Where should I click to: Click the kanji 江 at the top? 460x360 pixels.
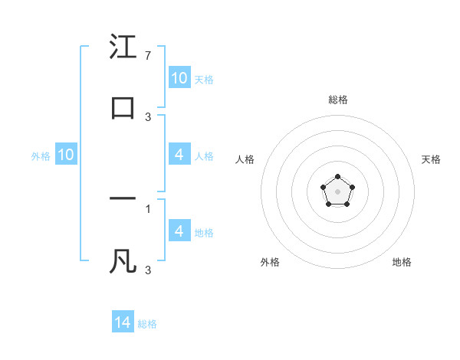tap(123, 47)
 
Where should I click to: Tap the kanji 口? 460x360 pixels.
tap(123, 108)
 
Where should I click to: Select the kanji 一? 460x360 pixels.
tap(123, 199)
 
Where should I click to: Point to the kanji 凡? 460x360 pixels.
tap(123, 261)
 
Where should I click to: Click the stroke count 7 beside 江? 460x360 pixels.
tap(148, 56)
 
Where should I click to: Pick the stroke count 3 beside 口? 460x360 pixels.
tap(148, 117)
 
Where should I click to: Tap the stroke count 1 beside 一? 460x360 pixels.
tap(148, 208)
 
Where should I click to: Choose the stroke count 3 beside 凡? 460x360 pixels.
tap(148, 270)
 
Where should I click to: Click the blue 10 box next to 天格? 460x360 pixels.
tap(179, 77)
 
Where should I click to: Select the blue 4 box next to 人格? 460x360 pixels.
tap(179, 155)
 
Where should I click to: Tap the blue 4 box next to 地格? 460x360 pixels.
tap(179, 231)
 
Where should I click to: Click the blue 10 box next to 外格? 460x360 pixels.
tap(66, 155)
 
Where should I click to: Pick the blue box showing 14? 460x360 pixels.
tap(123, 322)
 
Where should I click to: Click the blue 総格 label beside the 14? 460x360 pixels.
tap(147, 324)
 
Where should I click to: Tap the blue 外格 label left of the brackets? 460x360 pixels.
tap(41, 156)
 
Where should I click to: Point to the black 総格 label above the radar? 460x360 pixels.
tap(338, 100)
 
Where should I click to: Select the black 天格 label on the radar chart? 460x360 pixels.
tap(432, 159)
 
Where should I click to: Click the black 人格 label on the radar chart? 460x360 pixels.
tap(245, 159)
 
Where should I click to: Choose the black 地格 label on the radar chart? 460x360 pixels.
tap(402, 262)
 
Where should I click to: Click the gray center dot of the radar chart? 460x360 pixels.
tap(337, 191)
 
